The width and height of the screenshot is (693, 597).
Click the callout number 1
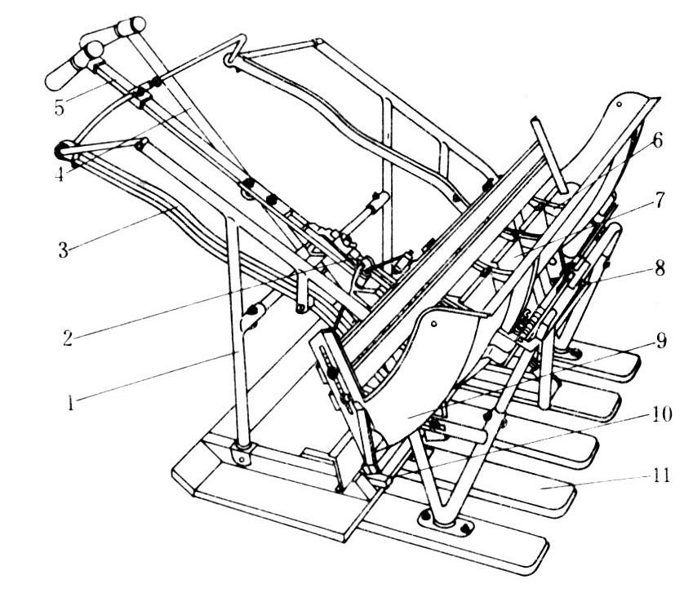tap(70, 403)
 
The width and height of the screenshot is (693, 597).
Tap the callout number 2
tap(67, 338)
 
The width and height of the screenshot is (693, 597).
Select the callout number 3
tap(64, 250)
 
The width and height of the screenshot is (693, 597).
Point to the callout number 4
tap(60, 174)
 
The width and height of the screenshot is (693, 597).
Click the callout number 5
tap(60, 108)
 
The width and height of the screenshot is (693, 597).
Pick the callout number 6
tap(658, 141)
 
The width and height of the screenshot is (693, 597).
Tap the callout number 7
tap(659, 200)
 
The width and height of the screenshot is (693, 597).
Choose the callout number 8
tap(660, 268)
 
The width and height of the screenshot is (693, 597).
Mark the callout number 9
tap(661, 340)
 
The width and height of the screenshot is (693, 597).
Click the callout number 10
tap(660, 413)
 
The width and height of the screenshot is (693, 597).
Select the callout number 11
tap(660, 475)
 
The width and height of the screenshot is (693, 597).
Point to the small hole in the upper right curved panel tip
tap(620, 104)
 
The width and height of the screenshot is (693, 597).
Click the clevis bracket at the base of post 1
tap(242, 454)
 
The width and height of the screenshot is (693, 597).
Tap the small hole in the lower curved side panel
tap(435, 324)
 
